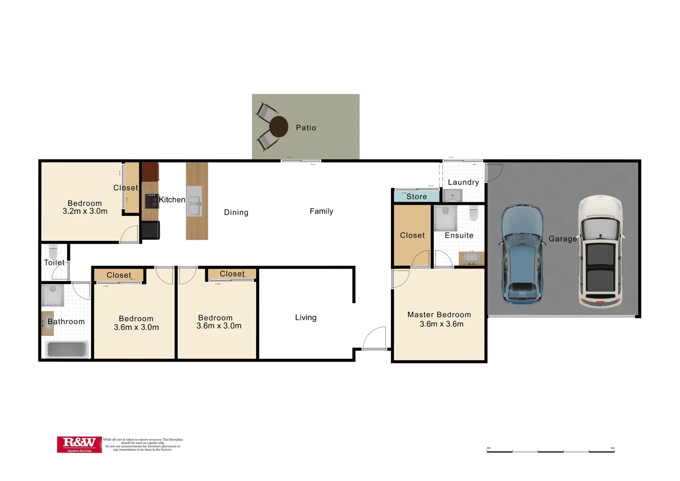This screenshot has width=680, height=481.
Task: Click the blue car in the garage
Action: (x=522, y=254)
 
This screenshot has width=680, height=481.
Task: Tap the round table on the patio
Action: (x=279, y=127)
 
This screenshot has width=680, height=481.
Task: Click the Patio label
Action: (x=306, y=128)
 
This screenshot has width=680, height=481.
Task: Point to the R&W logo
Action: (x=79, y=444)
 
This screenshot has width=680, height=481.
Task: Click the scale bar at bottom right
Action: (x=550, y=451)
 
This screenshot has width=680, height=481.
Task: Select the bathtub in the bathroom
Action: (x=67, y=349)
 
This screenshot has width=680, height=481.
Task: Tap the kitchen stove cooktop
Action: (x=152, y=201)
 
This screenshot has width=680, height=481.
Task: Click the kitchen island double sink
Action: (x=194, y=202)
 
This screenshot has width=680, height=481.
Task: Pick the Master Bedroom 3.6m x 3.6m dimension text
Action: (x=441, y=324)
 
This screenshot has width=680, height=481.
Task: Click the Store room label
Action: (x=416, y=196)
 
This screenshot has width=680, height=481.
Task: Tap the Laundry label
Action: (x=463, y=182)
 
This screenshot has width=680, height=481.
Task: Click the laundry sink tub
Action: (x=453, y=195)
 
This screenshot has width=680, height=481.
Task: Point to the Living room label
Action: (x=305, y=318)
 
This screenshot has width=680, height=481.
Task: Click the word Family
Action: (x=321, y=211)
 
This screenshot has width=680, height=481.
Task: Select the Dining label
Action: (x=236, y=212)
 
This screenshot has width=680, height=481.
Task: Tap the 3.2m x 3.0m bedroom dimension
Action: (x=85, y=211)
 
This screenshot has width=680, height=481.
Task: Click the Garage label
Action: (x=562, y=239)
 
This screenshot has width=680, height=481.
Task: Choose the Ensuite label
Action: (x=459, y=235)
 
